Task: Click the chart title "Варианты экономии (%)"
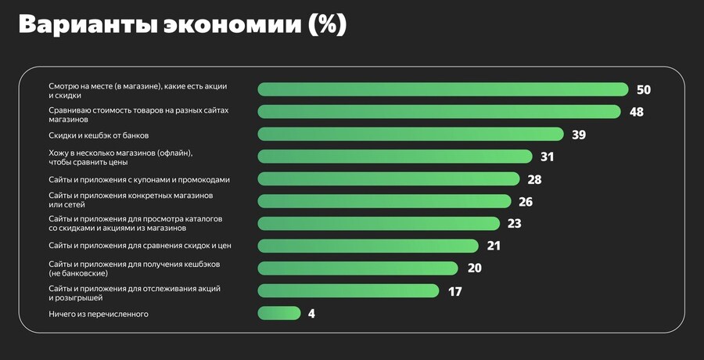tap(181, 24)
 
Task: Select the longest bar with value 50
tap(443, 89)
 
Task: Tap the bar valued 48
tap(439, 112)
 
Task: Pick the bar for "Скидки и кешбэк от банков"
tap(411, 135)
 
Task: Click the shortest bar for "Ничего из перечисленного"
tap(278, 313)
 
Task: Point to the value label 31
tap(547, 157)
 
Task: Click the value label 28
tap(534, 179)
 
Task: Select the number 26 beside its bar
tap(526, 202)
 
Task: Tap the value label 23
tap(514, 224)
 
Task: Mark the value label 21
tap(493, 246)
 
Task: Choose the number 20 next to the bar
tap(473, 268)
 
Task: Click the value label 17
tap(454, 291)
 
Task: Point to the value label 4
tap(311, 314)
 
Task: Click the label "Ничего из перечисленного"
tap(99, 314)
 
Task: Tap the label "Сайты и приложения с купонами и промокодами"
tap(139, 179)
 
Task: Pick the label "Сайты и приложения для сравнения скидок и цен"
tap(140, 246)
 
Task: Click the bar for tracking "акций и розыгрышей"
tap(348, 291)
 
